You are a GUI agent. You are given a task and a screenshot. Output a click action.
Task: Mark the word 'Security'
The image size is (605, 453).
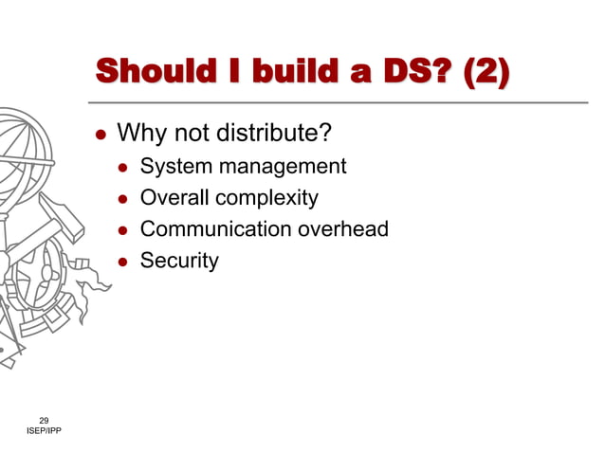[x=179, y=261]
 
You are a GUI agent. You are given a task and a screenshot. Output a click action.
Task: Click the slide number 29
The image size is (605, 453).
[x=44, y=420]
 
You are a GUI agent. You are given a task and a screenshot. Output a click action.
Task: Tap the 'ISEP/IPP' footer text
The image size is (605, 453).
[x=45, y=432]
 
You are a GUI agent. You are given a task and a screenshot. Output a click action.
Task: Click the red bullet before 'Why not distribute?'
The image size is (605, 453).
[x=100, y=134]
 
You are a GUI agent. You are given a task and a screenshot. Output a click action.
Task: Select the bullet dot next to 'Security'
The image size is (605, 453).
[x=122, y=261]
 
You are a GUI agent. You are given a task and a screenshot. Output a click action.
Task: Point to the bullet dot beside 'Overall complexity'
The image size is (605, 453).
[x=122, y=199]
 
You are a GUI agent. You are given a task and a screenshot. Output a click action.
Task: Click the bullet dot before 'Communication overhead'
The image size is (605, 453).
[x=122, y=230]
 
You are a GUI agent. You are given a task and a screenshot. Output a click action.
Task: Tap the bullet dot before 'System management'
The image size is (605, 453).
[x=122, y=169]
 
